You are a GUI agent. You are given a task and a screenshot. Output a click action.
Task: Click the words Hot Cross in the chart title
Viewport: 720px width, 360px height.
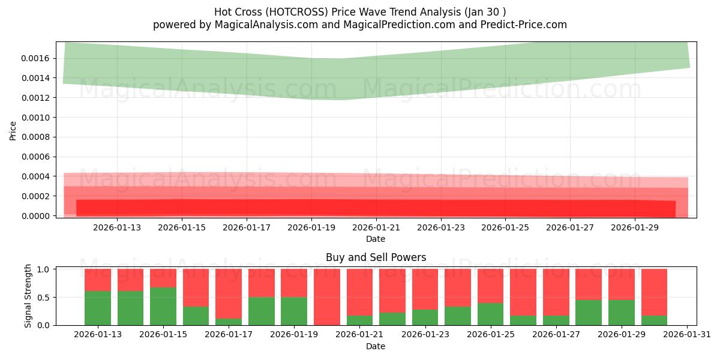pos(234,11)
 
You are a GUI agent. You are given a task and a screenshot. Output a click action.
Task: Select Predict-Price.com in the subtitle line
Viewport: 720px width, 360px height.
pos(520,25)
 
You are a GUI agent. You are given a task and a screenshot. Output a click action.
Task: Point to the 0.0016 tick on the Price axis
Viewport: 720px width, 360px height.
pos(39,58)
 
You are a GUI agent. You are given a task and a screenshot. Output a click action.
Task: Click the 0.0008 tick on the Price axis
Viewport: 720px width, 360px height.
pos(39,137)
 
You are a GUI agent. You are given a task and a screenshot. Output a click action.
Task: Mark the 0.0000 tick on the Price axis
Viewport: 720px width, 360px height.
pos(39,216)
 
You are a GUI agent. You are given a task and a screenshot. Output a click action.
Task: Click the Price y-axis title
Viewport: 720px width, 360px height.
pos(13,130)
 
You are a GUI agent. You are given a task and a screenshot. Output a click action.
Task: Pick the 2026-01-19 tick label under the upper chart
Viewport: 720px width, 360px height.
pos(311,227)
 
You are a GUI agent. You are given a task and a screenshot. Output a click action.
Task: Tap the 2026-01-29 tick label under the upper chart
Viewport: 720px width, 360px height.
pos(635,227)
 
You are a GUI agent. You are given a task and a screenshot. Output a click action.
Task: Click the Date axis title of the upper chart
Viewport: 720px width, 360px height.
pos(376,239)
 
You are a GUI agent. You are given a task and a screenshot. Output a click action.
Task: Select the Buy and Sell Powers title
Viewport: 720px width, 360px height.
pos(376,257)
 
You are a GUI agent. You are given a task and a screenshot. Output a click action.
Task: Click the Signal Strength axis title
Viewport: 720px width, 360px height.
pos(28,296)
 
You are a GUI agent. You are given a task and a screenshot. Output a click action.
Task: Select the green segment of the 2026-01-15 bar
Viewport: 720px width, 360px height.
pos(163,306)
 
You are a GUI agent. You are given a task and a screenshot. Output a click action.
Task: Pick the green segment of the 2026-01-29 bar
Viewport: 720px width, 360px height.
pos(621,312)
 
